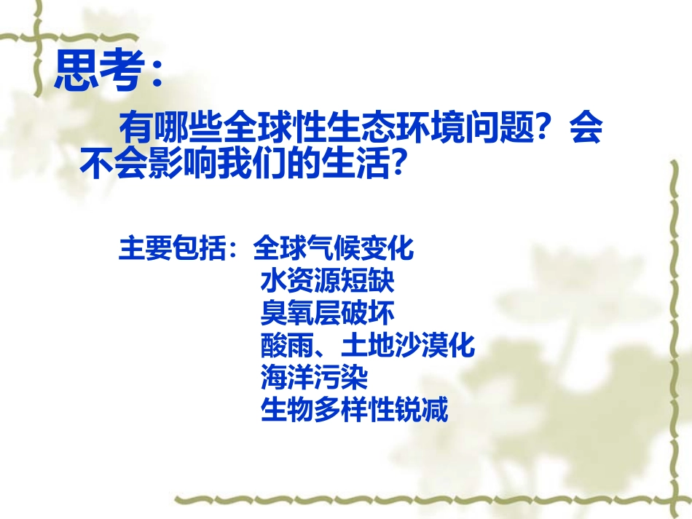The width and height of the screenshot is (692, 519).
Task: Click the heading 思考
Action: [98, 71]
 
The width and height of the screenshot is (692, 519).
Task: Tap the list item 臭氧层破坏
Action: [328, 313]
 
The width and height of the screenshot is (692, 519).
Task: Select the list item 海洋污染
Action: [314, 378]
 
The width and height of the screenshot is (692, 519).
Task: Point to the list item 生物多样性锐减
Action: [354, 411]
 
